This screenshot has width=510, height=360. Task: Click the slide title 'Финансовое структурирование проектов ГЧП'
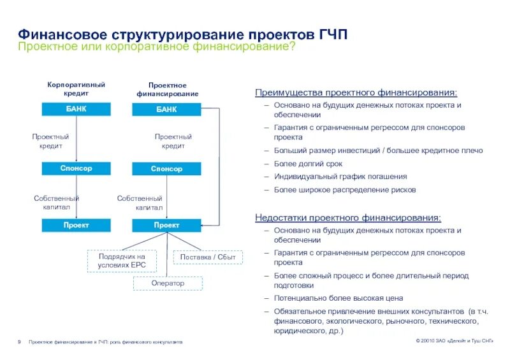click(x=183, y=33)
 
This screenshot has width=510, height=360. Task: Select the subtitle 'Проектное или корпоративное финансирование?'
click(x=156, y=48)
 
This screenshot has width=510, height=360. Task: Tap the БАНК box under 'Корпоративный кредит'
click(x=76, y=109)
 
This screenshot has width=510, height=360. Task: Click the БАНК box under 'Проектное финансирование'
click(x=166, y=110)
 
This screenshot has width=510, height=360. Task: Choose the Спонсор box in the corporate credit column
click(x=76, y=168)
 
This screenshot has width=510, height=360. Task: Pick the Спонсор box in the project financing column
click(x=166, y=169)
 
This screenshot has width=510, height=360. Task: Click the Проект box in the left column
click(x=76, y=225)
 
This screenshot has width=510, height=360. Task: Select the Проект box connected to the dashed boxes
click(x=166, y=225)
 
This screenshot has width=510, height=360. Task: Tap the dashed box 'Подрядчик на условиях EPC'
click(x=122, y=261)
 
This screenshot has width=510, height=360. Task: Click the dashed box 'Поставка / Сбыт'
click(x=208, y=257)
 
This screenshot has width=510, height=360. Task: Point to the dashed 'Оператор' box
click(x=168, y=283)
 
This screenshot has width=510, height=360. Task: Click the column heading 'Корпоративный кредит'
click(x=76, y=89)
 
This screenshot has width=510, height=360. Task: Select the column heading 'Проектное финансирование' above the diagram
click(x=167, y=89)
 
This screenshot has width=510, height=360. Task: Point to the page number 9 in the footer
click(x=20, y=342)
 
